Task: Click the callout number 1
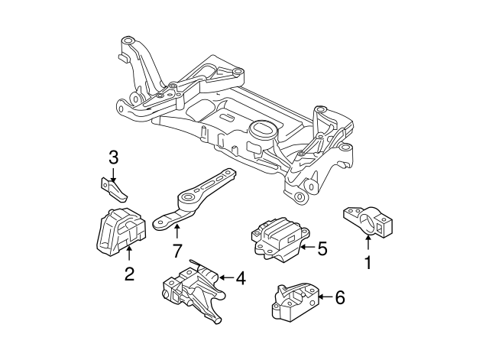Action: tap(368, 264)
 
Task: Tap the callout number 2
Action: tap(129, 274)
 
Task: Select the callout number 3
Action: tap(113, 158)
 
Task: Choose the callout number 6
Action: tap(340, 297)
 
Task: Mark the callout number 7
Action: tap(176, 250)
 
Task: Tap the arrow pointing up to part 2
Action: tap(129, 255)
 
